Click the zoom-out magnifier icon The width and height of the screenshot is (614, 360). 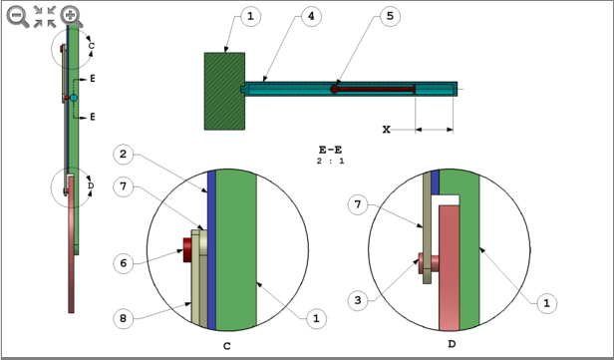17,15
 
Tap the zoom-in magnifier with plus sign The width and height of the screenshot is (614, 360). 71,15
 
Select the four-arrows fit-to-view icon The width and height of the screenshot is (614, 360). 44,15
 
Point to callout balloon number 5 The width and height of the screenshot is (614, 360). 390,17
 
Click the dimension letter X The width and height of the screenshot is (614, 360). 386,130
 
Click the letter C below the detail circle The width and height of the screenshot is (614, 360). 229,344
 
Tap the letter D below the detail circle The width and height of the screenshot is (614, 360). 452,344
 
